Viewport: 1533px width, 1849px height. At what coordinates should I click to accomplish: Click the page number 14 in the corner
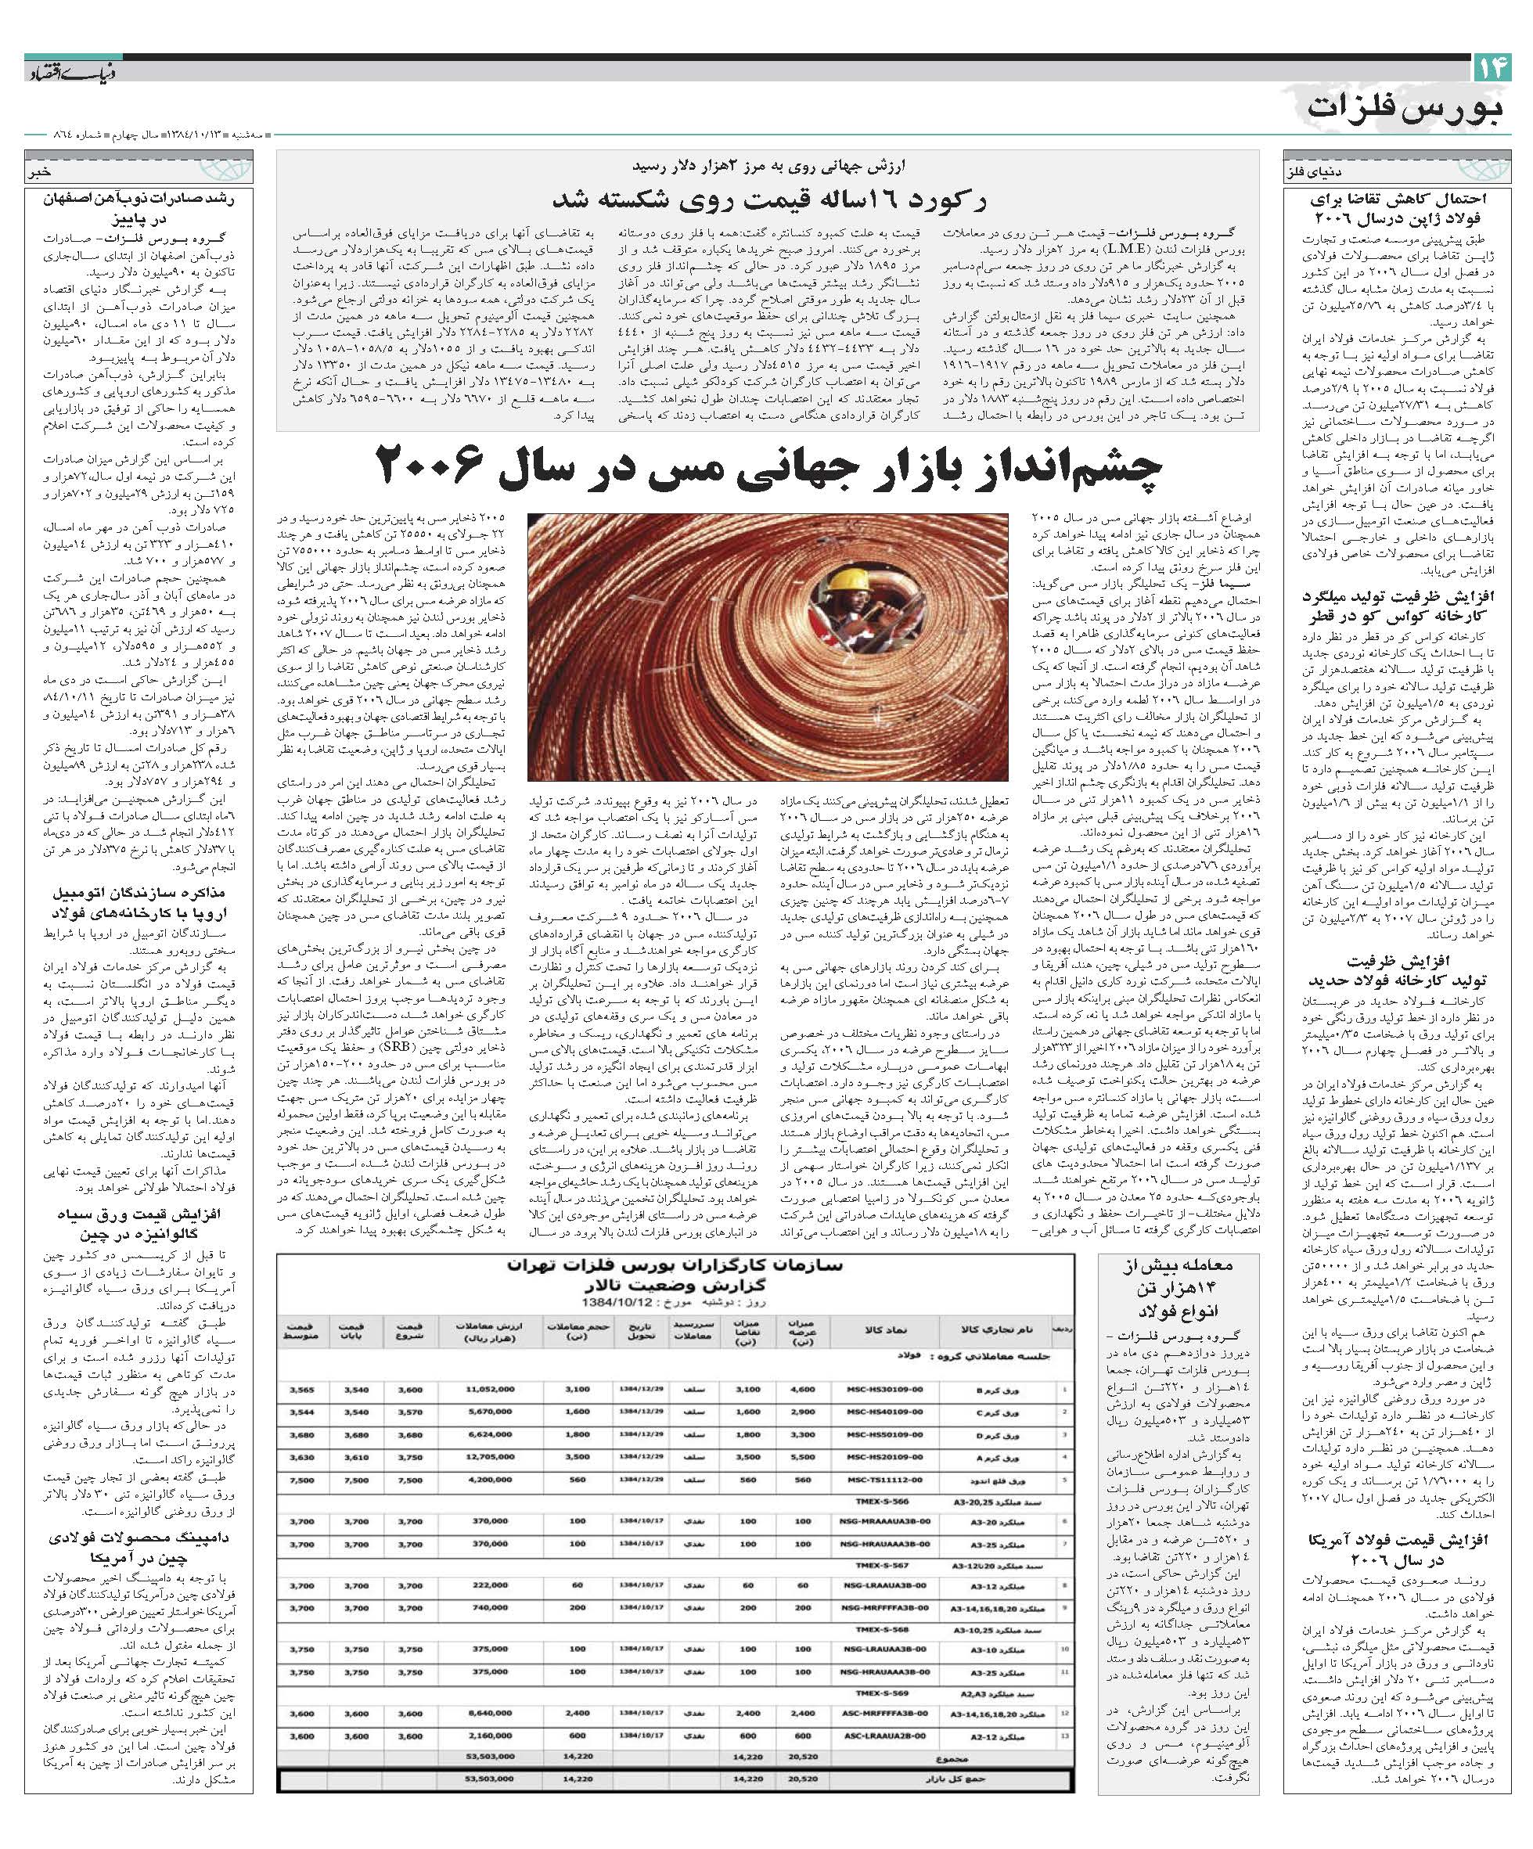pos(1491,69)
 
